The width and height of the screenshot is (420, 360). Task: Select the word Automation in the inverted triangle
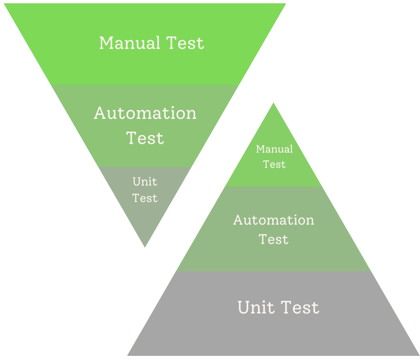coord(145,113)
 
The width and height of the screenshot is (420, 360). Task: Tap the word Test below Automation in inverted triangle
coord(145,138)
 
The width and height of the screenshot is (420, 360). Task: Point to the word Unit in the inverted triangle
coord(145,181)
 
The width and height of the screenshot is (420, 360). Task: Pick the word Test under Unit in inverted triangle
coord(145,198)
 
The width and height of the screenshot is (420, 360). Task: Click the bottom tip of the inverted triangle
coord(145,246)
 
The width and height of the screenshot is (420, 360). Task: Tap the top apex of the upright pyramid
coord(273,104)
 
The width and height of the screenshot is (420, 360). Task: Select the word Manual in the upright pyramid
coord(274,149)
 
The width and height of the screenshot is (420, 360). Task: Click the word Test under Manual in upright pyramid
coord(274,164)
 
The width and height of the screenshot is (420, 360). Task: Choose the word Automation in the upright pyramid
coord(273,220)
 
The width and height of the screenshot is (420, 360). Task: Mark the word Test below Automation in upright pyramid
coord(273,239)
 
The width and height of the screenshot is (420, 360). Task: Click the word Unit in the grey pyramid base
coord(253,308)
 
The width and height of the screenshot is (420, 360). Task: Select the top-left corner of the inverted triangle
coord(5,4)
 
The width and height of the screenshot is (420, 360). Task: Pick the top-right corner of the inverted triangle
coord(285,4)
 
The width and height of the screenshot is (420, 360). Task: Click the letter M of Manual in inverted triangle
coord(107,43)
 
